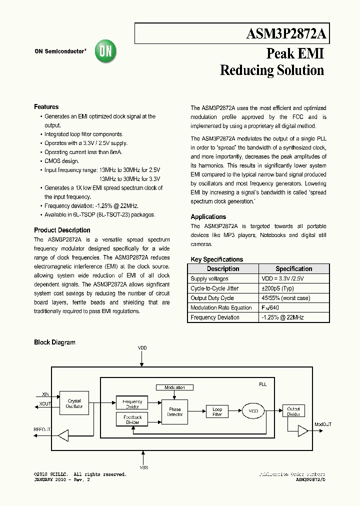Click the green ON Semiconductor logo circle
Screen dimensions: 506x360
pyautogui.click(x=105, y=51)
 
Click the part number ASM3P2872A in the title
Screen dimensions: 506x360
pyautogui.click(x=286, y=34)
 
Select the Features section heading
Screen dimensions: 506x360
pyautogui.click(x=46, y=107)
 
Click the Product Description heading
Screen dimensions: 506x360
pyautogui.click(x=62, y=230)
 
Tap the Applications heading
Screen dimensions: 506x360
pyautogui.click(x=208, y=217)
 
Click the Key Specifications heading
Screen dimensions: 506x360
pyautogui.click(x=216, y=259)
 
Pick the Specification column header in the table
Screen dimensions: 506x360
pyautogui.click(x=293, y=269)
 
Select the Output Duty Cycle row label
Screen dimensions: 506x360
pyautogui.click(x=212, y=298)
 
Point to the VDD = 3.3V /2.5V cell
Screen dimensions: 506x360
pyautogui.click(x=282, y=279)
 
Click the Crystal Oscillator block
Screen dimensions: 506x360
pyautogui.click(x=74, y=403)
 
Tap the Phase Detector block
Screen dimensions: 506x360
pyautogui.click(x=174, y=412)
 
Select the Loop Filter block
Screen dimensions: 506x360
pyautogui.click(x=217, y=412)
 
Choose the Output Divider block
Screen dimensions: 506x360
pyautogui.click(x=293, y=411)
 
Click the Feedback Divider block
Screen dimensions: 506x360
pyautogui.click(x=132, y=419)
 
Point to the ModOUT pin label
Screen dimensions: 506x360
pyautogui.click(x=322, y=424)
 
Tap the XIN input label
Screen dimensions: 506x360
pyautogui.click(x=45, y=394)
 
